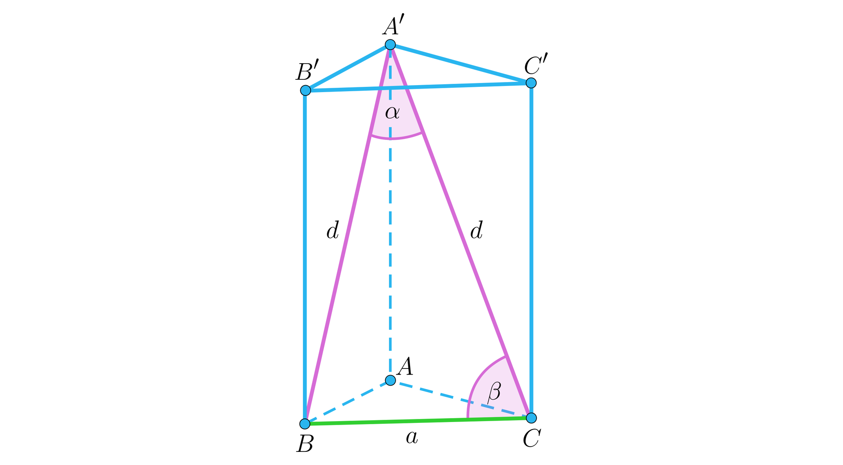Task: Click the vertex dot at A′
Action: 390,45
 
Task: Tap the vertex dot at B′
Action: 306,90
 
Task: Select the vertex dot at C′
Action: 531,82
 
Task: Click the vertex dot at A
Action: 390,380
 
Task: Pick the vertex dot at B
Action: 305,424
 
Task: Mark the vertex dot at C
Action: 531,417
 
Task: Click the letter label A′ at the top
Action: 390,26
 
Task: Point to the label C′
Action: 536,65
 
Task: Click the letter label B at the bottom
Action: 305,444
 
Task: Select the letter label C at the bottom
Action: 531,438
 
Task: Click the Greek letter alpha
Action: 392,113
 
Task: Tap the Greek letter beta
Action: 494,391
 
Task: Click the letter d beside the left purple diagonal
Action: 333,230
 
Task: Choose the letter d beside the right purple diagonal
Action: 476,230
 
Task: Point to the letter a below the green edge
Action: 411,437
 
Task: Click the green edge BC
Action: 417,421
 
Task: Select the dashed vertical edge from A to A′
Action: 390,263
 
